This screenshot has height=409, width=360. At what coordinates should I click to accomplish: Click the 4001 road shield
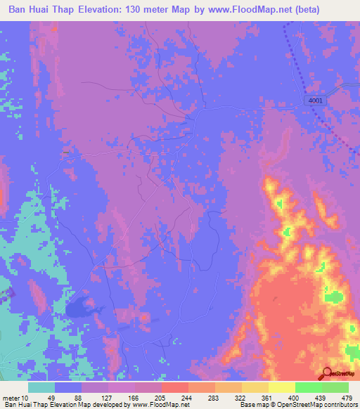(x=316, y=100)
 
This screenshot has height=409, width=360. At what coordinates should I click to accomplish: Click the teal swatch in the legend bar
(x=41, y=387)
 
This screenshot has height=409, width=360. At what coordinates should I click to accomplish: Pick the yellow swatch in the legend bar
(x=281, y=387)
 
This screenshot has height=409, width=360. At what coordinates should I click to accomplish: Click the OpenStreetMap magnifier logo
(x=327, y=374)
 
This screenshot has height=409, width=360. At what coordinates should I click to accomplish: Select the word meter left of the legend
(x=12, y=397)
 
